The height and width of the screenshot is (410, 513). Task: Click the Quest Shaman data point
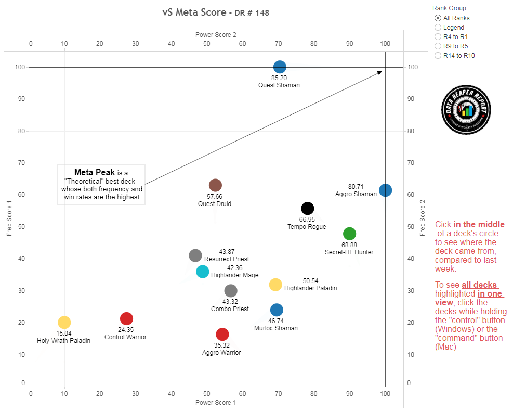point(280,67)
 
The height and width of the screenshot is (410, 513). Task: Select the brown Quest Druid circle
point(215,185)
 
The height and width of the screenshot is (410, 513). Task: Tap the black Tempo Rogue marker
point(308,209)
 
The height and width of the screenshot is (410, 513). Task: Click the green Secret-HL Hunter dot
point(349,234)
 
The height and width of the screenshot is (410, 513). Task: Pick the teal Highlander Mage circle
point(203,272)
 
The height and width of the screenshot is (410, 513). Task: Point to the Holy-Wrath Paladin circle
point(64,323)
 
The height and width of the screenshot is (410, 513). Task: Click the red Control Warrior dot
point(126,318)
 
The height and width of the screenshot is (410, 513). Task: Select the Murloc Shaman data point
point(277,310)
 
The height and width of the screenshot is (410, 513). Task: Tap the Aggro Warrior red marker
point(222,334)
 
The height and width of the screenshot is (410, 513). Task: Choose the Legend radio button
point(438,28)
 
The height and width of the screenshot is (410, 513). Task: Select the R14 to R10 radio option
point(438,56)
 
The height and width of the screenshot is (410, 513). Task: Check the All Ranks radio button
point(438,18)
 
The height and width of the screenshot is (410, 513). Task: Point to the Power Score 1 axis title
point(216,403)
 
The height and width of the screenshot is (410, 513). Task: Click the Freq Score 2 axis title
point(423,219)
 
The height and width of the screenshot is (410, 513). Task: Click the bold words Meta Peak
point(95,172)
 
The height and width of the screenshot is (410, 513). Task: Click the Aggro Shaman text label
point(356,194)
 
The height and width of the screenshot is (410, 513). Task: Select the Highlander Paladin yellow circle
point(275,285)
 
